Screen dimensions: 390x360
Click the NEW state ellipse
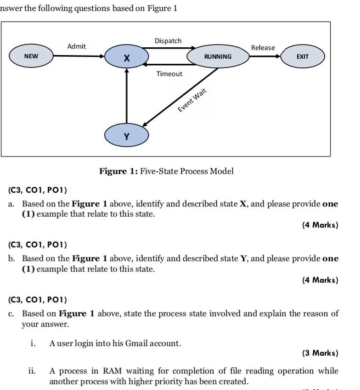point(31,56)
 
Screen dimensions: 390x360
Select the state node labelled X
point(127,57)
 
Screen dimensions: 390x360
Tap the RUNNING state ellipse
point(218,56)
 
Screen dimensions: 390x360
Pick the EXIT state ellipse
point(303,56)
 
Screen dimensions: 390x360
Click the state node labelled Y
point(127,135)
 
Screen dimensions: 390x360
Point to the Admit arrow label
point(76,46)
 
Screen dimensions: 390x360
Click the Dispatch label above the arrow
point(168,41)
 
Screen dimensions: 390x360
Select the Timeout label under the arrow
point(169,74)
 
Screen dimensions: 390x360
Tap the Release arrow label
point(263,48)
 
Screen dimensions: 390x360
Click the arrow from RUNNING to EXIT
point(265,56)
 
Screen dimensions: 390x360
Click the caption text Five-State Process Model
point(186,172)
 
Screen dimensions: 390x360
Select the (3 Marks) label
point(320,353)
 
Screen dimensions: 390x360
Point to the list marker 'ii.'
point(33,371)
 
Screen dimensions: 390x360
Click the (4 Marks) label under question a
point(320,225)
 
